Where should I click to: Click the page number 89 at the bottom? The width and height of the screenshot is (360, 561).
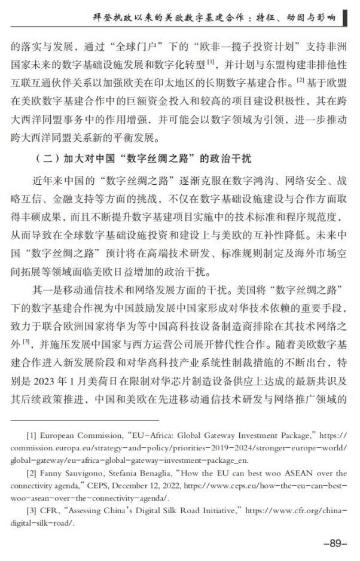pyautogui.click(x=335, y=543)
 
